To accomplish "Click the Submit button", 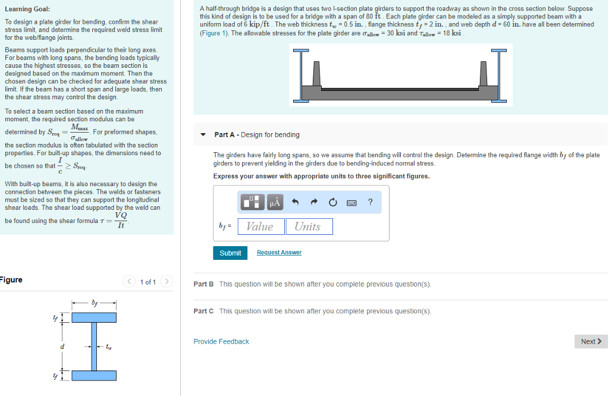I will click(230, 253).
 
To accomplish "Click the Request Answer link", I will click(279, 253).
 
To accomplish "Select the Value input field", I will click(260, 227).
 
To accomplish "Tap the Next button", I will click(591, 341).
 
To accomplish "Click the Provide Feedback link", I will click(221, 341).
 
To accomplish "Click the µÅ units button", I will click(274, 203).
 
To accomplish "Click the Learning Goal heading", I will click(27, 9).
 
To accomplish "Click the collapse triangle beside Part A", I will click(203, 135).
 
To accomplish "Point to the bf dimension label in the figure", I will click(93, 303).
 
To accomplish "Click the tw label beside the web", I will click(108, 347).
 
